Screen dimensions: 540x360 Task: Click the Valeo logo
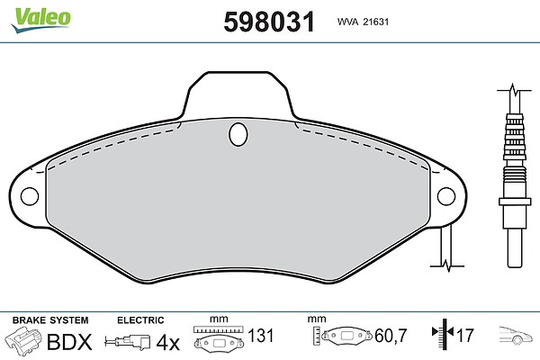point(40,20)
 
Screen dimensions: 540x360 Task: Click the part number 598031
point(269,22)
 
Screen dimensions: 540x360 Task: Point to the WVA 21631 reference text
point(363,22)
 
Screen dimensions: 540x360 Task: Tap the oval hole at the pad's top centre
point(238,134)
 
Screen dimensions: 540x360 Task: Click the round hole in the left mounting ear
point(30,196)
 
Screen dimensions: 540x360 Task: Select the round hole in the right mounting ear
point(446,196)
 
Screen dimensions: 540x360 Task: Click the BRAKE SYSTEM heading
point(50,320)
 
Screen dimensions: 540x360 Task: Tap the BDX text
point(69,342)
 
